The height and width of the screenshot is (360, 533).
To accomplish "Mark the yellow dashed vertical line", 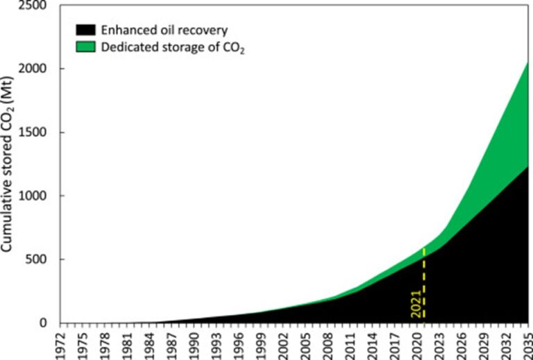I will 423,284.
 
